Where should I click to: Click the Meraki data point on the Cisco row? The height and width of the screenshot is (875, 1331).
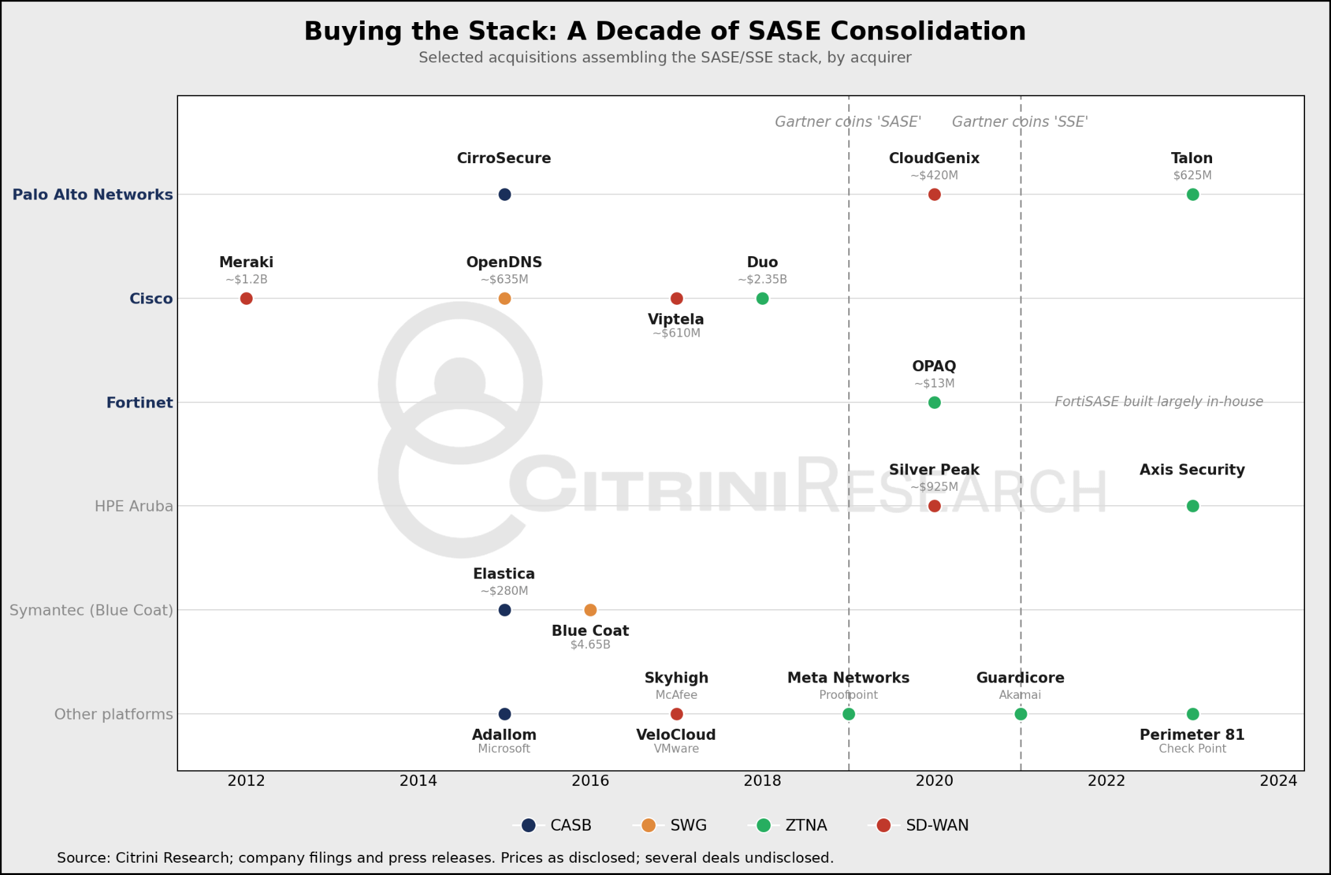coord(246,298)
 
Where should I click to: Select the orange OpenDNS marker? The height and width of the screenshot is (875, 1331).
coord(504,298)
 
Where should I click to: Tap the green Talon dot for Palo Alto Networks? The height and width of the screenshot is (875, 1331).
coord(1193,194)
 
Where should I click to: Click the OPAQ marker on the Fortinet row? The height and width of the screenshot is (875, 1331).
coord(935,402)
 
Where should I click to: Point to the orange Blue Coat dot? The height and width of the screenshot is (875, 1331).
coord(590,610)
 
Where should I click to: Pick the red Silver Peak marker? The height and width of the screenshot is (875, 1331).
coord(935,506)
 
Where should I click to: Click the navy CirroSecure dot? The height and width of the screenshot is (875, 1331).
coord(504,194)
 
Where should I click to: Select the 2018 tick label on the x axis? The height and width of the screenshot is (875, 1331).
coord(762,781)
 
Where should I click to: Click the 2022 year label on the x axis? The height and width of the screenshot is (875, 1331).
coord(1106,781)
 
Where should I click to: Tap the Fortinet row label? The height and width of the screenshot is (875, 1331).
coord(140,403)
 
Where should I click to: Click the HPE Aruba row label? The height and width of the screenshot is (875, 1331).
coord(134,506)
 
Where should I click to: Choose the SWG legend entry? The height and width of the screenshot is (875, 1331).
coord(669,826)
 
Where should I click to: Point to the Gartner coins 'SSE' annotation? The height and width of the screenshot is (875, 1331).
coord(1020,122)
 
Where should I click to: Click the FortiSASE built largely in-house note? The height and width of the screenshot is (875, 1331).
coord(1159,402)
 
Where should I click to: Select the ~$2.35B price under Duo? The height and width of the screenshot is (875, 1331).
coord(762,280)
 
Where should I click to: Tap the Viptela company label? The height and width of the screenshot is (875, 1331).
coord(676,319)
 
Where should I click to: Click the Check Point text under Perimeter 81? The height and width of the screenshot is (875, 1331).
coord(1193,749)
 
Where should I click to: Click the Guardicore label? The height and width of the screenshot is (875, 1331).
coord(1020,678)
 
